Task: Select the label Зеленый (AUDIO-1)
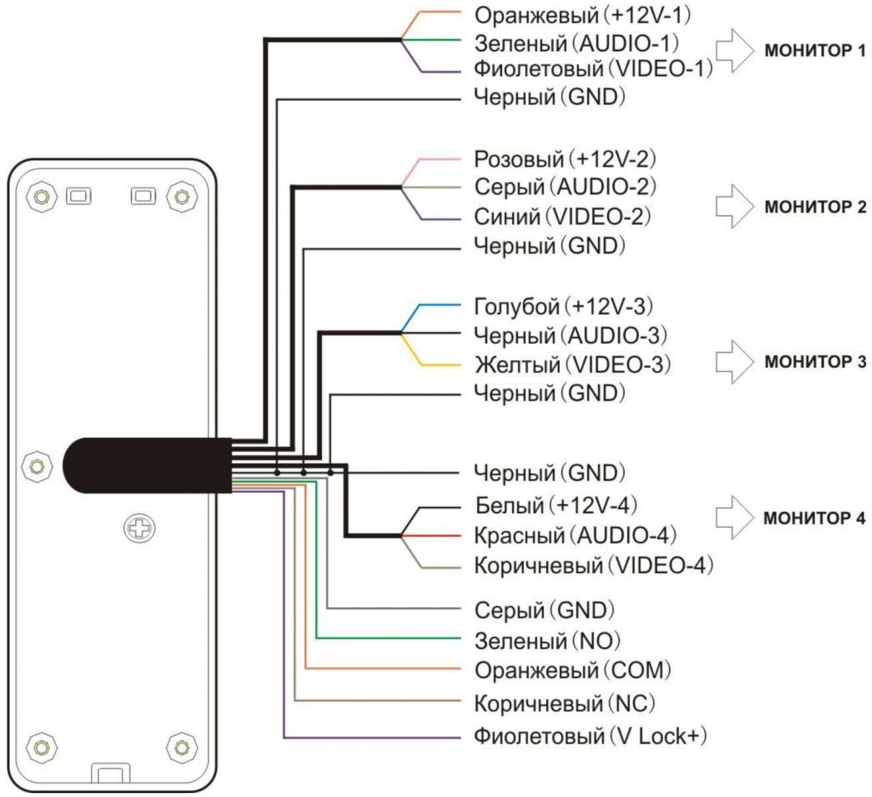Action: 576,43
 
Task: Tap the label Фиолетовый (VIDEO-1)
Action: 593,68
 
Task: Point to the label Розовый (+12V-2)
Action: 565,159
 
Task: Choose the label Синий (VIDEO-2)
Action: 563,216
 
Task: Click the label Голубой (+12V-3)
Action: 564,306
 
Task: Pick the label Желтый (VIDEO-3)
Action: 572,364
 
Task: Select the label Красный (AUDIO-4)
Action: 575,535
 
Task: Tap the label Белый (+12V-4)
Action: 557,505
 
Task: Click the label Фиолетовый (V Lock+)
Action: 590,736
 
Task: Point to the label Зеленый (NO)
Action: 547,640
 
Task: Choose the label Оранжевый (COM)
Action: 572,669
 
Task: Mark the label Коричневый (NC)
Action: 565,702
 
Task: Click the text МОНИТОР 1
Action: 816,51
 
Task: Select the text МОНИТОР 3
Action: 816,363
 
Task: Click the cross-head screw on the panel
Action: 139,529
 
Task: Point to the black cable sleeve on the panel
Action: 146,465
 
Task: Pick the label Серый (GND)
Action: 545,609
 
